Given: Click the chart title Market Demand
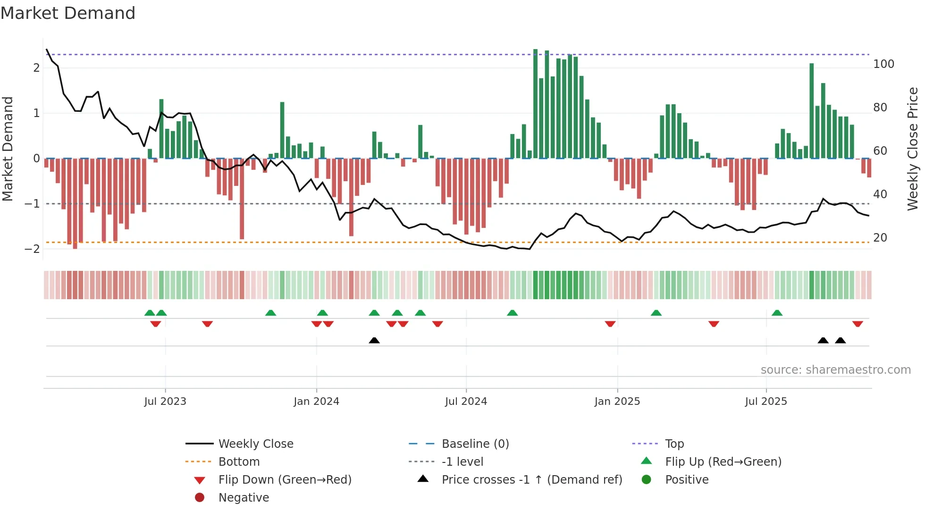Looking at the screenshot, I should [68, 13].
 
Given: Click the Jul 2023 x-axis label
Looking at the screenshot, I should [165, 402].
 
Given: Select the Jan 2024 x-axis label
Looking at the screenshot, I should [316, 402].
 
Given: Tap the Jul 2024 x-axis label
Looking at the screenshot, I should [466, 402].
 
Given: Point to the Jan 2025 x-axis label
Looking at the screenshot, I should [617, 402].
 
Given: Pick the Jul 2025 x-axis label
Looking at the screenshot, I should [766, 402].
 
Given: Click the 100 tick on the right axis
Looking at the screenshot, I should [883, 64].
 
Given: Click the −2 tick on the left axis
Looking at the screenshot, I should [32, 249].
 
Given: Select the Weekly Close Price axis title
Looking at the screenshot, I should [913, 149].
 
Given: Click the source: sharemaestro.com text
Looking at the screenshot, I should [835, 370].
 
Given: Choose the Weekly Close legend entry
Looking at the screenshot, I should [255, 444].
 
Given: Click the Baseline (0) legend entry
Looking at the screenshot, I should [475, 444].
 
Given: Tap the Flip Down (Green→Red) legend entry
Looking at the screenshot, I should [285, 480].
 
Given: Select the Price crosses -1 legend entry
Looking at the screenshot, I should [531, 480].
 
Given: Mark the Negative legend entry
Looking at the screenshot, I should [244, 498].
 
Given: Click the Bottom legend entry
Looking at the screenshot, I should [239, 462].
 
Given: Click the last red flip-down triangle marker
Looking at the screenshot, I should [858, 324].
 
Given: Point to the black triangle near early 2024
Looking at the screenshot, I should [374, 340].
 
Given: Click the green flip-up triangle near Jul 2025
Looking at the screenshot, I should [777, 313].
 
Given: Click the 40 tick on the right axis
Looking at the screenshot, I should [880, 194].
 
